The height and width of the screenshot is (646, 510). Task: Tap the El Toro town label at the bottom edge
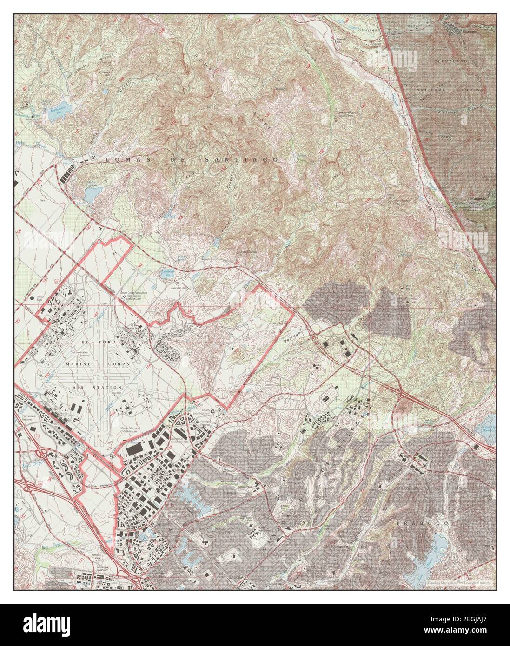237,578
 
